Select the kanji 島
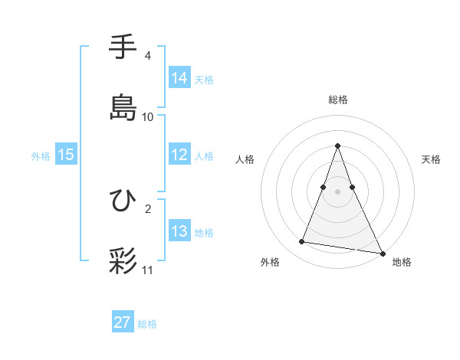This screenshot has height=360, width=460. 123,106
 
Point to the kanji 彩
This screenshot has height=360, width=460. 123,260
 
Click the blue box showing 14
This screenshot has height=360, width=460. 179,78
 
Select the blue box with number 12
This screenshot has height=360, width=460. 179,155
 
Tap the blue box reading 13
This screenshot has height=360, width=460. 179,231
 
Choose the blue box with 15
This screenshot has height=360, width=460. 65,155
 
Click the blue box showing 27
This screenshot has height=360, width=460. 123,322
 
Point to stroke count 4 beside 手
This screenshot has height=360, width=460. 148,56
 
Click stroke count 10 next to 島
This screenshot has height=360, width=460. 148,116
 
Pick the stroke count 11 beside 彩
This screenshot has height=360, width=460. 148,270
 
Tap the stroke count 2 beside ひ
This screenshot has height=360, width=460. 148,208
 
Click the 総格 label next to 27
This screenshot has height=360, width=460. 147,324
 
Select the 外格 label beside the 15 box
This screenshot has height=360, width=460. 41,155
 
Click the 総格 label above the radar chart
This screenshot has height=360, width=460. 337,100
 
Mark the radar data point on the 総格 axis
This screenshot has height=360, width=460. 337,146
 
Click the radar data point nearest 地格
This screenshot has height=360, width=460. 382,253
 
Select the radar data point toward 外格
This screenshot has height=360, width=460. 301,242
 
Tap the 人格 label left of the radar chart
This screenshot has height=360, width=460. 245,159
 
